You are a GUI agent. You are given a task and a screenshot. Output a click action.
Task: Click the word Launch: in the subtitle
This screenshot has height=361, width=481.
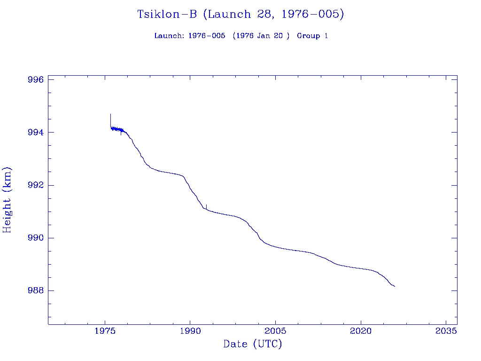[169, 36]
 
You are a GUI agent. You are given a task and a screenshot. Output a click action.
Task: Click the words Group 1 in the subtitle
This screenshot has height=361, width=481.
[312, 36]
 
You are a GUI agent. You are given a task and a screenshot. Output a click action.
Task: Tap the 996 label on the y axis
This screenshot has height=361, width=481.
[36, 79]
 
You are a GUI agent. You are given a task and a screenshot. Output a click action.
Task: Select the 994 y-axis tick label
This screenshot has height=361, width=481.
[36, 133]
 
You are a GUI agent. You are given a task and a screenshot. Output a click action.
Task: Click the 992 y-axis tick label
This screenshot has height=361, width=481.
[36, 185]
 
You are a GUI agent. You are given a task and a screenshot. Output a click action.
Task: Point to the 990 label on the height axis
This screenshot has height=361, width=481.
[36, 238]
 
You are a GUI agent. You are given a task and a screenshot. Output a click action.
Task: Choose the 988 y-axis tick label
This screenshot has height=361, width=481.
[36, 291]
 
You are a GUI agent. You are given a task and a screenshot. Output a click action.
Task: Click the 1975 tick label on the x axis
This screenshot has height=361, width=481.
[105, 330]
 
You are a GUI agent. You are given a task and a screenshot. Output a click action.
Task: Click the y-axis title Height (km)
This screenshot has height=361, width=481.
[7, 200]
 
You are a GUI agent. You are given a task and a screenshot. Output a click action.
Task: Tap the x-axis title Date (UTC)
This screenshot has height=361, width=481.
[253, 344]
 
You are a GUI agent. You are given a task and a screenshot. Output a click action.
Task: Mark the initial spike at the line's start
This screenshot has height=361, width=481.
[110, 115]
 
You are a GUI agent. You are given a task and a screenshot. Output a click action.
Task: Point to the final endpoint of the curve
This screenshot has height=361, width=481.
[395, 286]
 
